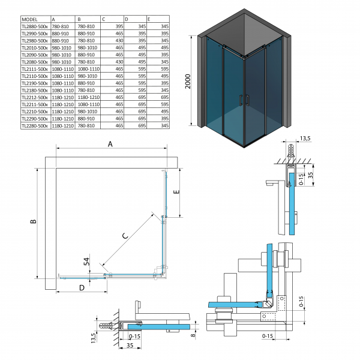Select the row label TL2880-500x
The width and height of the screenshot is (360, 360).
point(34,26)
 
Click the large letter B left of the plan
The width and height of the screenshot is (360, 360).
point(34,222)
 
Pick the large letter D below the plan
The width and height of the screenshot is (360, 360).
point(81,287)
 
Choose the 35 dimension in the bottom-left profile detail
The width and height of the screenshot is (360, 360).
point(130,347)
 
